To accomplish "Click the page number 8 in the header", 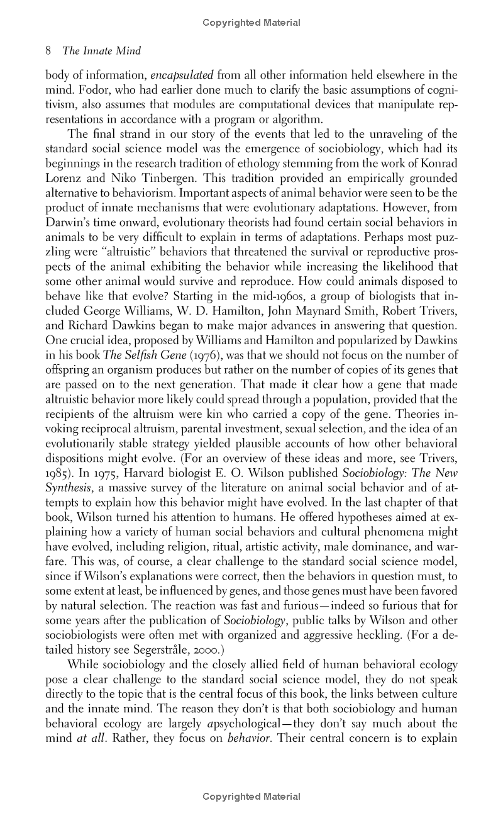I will pyautogui.click(x=49, y=51).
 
